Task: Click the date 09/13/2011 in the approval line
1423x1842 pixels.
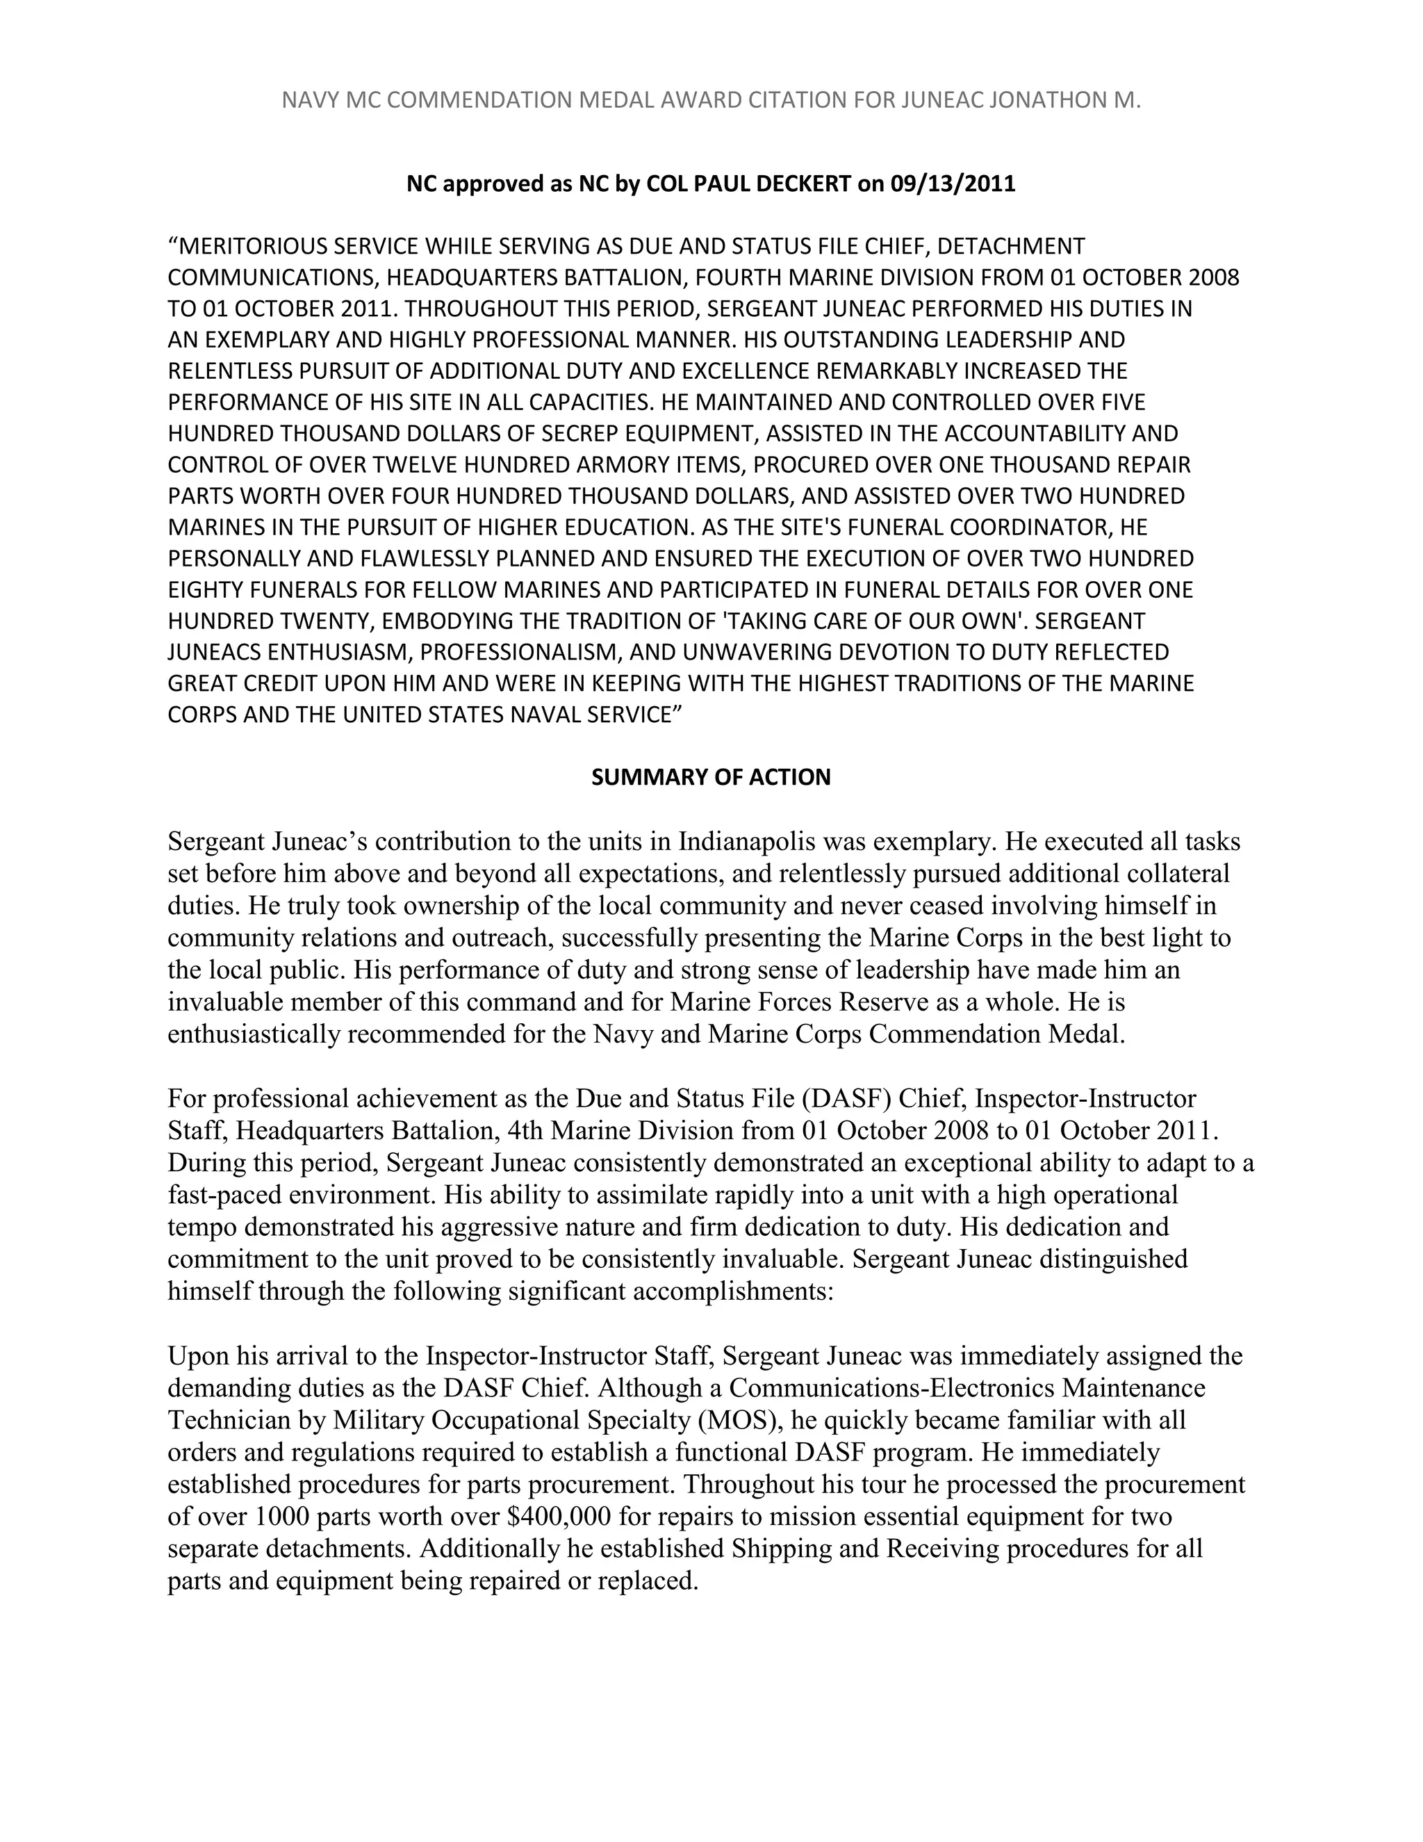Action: (x=953, y=184)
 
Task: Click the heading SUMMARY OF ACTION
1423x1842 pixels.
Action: (x=711, y=777)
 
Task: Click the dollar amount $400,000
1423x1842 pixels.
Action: (x=560, y=1517)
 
